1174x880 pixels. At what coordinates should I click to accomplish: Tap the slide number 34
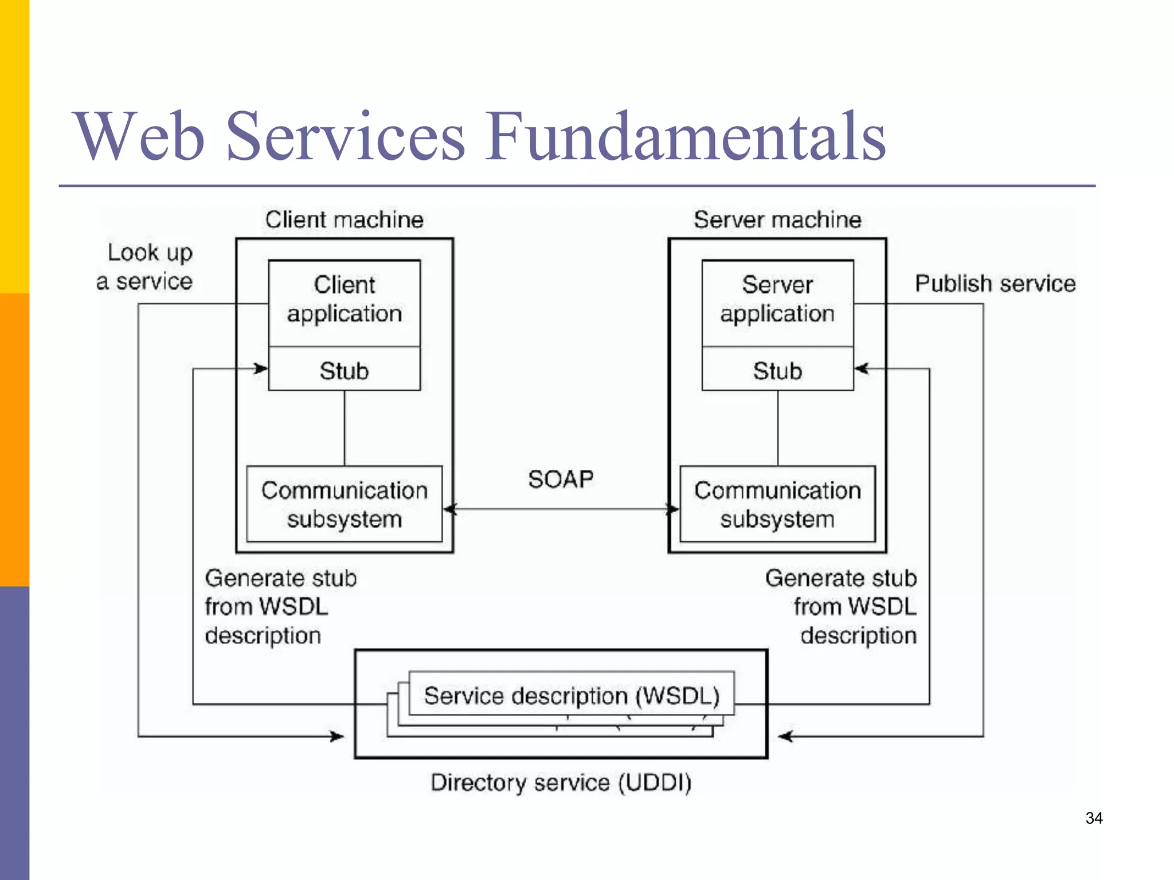[x=1094, y=818]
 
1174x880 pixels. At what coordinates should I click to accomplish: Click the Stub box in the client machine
[x=344, y=370]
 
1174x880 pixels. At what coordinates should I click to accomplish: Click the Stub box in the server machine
[x=777, y=370]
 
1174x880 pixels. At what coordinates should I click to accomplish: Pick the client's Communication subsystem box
[x=344, y=504]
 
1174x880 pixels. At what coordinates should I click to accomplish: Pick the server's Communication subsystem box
[x=777, y=504]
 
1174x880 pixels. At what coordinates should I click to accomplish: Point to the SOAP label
[x=561, y=479]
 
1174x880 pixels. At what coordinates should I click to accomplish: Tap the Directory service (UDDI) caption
[x=561, y=783]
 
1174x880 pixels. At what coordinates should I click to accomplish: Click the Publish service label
[x=995, y=284]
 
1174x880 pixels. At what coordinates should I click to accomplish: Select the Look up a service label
[x=146, y=267]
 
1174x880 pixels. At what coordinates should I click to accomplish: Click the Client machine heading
[x=344, y=220]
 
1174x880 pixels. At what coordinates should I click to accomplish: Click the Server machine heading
[x=777, y=220]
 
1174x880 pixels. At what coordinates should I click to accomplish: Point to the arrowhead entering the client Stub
[x=262, y=368]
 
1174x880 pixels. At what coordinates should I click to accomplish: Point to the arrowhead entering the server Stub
[x=861, y=368]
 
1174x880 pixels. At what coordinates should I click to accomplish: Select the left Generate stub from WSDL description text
[x=280, y=607]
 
